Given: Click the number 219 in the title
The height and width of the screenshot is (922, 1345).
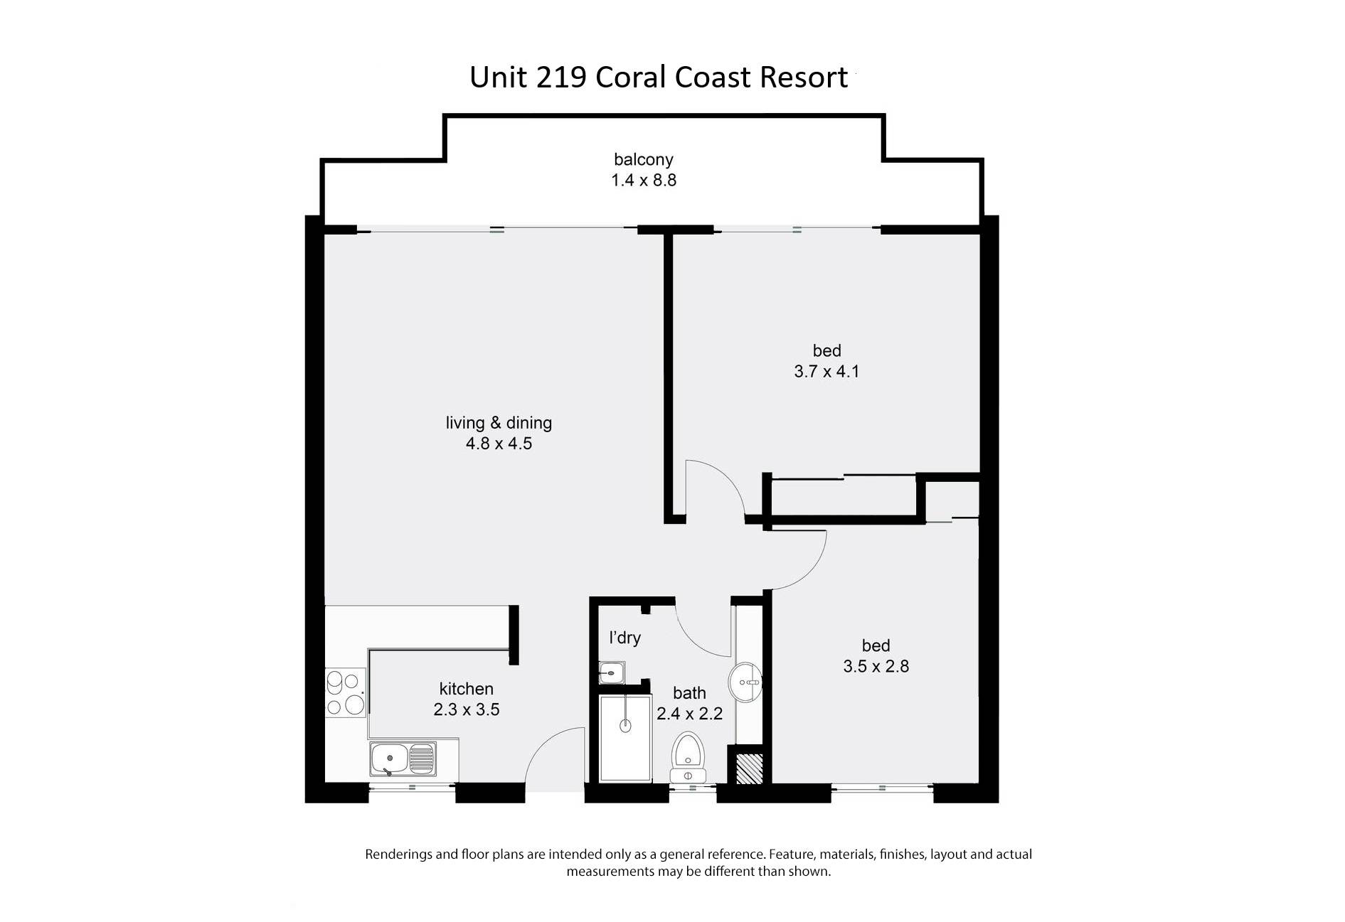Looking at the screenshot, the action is coord(561,77).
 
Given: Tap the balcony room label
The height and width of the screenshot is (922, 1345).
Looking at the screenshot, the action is coord(643,160).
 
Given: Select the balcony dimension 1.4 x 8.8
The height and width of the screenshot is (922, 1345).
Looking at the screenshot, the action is coord(644,181).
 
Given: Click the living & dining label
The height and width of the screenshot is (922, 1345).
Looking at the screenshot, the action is coord(499,423).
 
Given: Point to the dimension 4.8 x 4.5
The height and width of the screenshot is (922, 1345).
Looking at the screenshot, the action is coord(499,444).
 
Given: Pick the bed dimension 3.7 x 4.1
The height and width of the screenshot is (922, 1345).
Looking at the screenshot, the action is coord(826,371).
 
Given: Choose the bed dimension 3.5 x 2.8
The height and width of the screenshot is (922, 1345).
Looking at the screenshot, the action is coord(876,666).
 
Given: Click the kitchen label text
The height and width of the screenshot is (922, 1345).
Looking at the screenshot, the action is coord(466,689).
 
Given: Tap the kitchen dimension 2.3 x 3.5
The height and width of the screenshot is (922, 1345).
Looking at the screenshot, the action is coord(466,709).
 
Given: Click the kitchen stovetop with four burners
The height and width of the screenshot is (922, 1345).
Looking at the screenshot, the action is coord(346,693).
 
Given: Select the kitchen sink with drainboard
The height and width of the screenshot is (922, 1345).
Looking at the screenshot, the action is coord(403,759).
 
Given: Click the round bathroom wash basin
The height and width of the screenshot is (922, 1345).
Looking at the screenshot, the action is coord(745,682).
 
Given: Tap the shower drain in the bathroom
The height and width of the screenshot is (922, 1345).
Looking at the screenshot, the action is coord(625,726).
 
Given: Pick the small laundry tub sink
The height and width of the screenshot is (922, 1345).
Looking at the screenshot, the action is coord(612,672).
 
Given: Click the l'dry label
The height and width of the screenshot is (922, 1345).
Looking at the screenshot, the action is coord(624,638).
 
